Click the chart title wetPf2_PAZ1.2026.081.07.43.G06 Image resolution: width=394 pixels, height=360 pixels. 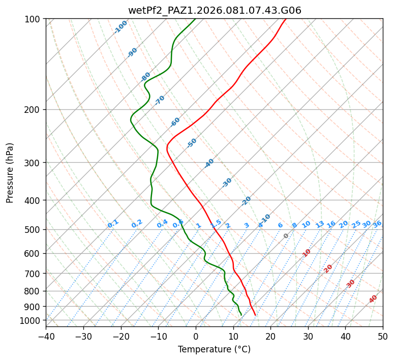(x=215, y=10)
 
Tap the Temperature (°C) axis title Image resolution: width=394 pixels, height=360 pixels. (x=214, y=349)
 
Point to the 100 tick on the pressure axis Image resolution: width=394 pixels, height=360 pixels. (x=34, y=19)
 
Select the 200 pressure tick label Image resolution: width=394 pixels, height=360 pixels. (x=34, y=110)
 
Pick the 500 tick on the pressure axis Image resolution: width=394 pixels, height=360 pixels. (x=34, y=230)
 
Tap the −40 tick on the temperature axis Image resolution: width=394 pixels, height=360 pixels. (x=46, y=336)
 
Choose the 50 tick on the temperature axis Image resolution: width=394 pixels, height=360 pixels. (x=383, y=336)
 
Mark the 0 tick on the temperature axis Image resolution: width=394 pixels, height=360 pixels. (x=196, y=336)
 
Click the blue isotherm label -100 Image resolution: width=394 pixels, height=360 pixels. (x=121, y=27)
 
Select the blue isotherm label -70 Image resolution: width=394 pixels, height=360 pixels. (x=160, y=100)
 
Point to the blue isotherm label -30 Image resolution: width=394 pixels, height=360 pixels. (x=227, y=183)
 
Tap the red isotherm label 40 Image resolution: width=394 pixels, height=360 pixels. (x=373, y=299)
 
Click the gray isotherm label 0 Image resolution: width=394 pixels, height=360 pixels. (x=286, y=236)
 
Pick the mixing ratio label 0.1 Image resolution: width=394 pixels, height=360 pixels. (x=113, y=224)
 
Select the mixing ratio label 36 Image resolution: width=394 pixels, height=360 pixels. (x=377, y=224)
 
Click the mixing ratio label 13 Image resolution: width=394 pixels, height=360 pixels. (x=320, y=224)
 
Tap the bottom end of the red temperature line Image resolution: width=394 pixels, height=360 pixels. (x=255, y=315)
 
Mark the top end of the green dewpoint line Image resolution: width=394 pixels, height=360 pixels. (x=195, y=19)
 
